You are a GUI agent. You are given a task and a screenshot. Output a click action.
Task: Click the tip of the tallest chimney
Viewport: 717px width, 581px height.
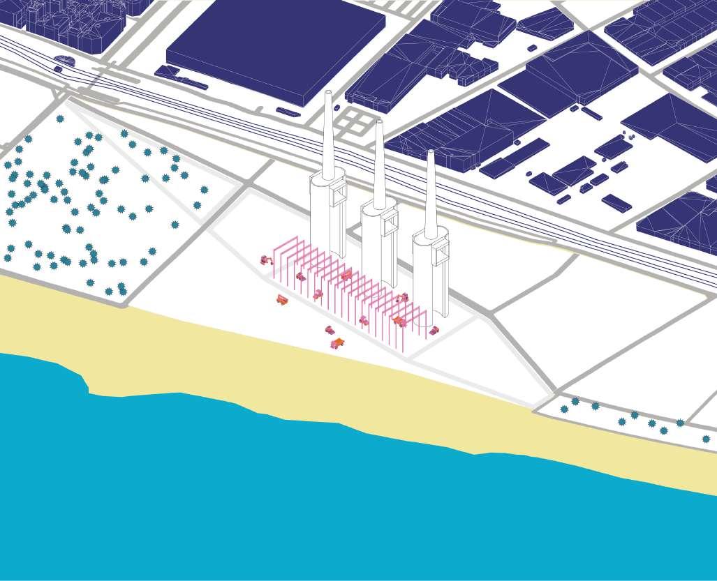[328, 93]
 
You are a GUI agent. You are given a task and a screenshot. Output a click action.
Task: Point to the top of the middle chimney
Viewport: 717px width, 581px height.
[378, 123]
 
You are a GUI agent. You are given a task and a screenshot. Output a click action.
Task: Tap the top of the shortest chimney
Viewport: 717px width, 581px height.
[430, 153]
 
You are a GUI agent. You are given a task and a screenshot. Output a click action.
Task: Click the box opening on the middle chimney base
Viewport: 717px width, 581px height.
[388, 221]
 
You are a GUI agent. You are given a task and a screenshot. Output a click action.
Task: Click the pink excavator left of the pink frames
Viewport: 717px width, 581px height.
[265, 260]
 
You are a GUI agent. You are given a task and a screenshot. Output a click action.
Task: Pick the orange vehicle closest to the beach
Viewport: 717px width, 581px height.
[337, 343]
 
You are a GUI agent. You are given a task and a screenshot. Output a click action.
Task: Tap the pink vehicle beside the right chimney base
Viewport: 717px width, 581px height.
[434, 330]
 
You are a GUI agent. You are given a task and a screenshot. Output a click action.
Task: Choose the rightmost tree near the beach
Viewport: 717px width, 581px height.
[706, 439]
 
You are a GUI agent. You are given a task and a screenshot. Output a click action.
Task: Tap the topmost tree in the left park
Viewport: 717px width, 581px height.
[60, 119]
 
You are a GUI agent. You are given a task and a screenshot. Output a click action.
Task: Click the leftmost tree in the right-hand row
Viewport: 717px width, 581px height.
[564, 409]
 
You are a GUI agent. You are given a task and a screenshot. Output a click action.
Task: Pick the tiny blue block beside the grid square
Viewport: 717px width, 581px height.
[337, 108]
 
